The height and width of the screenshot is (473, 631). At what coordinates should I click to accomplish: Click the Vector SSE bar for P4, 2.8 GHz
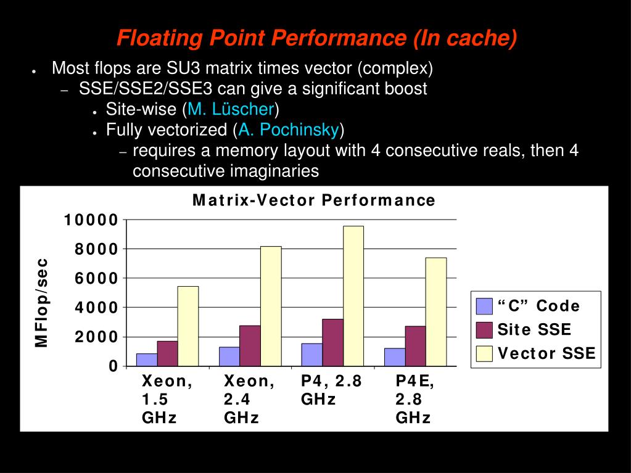click(x=353, y=296)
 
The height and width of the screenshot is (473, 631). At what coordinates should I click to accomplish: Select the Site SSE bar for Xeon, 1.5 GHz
click(x=167, y=353)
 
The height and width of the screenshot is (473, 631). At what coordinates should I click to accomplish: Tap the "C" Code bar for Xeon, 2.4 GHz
click(x=229, y=356)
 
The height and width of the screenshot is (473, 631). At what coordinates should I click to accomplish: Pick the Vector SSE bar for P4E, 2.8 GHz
click(x=435, y=311)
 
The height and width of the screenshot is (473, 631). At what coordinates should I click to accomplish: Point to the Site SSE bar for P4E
click(x=415, y=346)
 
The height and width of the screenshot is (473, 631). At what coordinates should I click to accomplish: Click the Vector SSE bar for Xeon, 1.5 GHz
click(x=188, y=326)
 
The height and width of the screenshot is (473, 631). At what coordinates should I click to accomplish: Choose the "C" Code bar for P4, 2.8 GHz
click(x=311, y=355)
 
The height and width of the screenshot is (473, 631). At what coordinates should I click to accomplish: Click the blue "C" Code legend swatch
click(x=484, y=306)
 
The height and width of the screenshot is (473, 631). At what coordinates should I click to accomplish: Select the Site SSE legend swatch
click(x=484, y=329)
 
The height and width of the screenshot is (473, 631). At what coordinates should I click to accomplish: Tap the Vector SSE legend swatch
click(x=484, y=353)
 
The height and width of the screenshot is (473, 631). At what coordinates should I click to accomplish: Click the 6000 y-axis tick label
click(x=96, y=279)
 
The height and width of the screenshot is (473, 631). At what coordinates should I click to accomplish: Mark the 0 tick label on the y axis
click(x=113, y=366)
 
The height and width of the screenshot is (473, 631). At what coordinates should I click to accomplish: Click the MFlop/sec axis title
click(x=41, y=302)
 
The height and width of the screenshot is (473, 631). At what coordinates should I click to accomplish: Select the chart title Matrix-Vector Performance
click(x=314, y=200)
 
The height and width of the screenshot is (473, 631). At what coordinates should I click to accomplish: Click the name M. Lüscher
click(x=231, y=110)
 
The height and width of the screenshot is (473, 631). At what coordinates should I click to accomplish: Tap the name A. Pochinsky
click(x=289, y=130)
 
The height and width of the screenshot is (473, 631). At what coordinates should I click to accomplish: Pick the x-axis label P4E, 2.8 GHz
click(x=414, y=399)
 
